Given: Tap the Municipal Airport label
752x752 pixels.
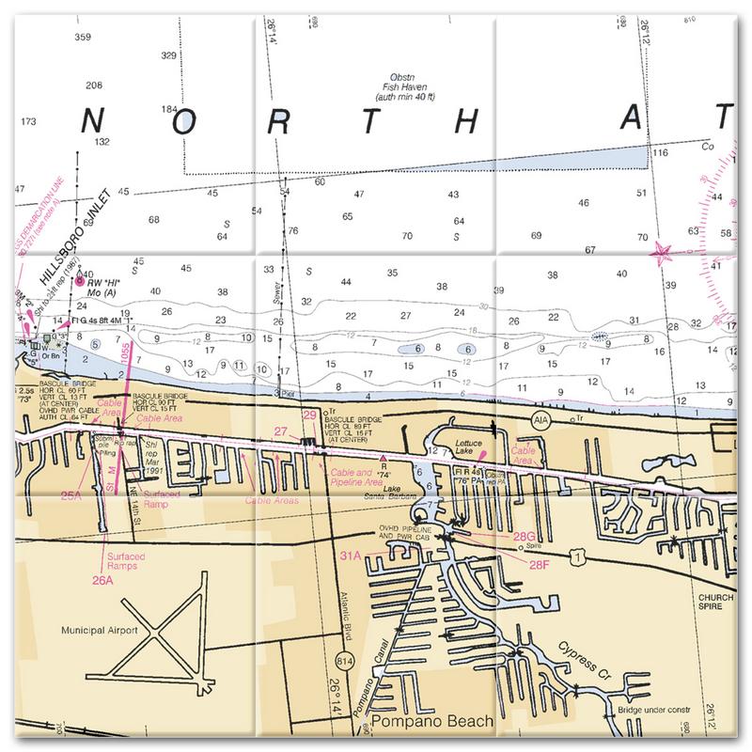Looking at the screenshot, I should (99, 630).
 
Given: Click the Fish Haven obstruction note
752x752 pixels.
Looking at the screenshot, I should (419, 90).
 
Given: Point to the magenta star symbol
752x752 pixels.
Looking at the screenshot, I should (663, 250).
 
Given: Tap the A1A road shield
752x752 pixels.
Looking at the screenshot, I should (539, 416).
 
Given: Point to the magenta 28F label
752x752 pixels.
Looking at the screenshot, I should (539, 564).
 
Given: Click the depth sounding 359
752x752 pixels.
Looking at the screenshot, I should (82, 38).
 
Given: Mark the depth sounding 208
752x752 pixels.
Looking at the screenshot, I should (93, 86).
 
